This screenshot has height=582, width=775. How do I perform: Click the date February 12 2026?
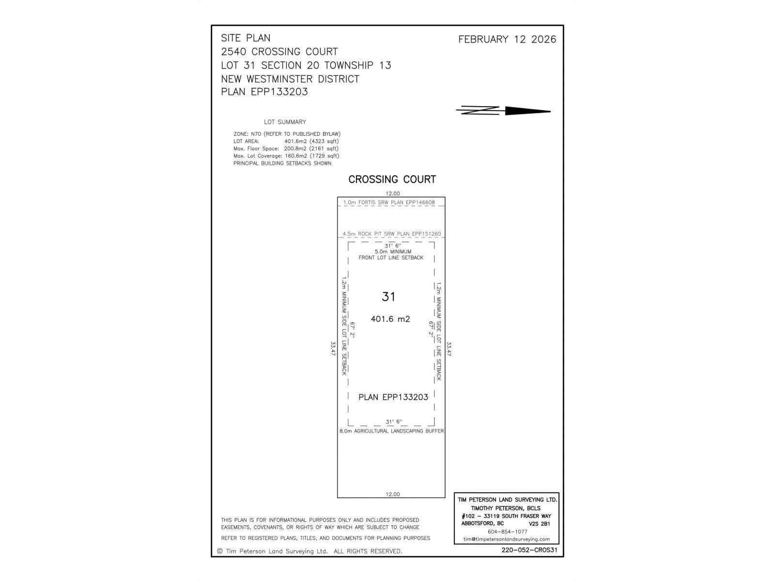507,40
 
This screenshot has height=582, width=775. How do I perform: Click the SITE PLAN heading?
246,38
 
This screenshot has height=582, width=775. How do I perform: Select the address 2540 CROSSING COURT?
279,51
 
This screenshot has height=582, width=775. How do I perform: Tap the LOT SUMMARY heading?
285,122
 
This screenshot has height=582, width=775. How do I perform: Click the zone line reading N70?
287,134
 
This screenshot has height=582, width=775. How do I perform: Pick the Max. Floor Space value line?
286,148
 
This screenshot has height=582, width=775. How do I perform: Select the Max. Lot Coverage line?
286,156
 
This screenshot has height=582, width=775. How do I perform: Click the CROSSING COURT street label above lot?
392,179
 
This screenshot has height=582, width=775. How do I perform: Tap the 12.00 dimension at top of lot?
392,194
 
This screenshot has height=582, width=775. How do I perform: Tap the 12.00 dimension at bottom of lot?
392,494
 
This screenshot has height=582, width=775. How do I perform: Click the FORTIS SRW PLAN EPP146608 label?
389,202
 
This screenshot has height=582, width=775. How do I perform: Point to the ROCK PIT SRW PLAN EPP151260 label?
392,234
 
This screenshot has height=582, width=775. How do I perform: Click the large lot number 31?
388,297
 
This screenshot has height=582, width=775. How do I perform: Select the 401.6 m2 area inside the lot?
390,319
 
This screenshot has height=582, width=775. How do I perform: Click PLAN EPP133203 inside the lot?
393,397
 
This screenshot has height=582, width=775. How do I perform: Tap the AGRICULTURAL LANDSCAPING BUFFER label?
391,431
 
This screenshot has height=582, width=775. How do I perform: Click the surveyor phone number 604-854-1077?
507,532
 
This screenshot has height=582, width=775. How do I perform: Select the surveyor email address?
507,539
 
